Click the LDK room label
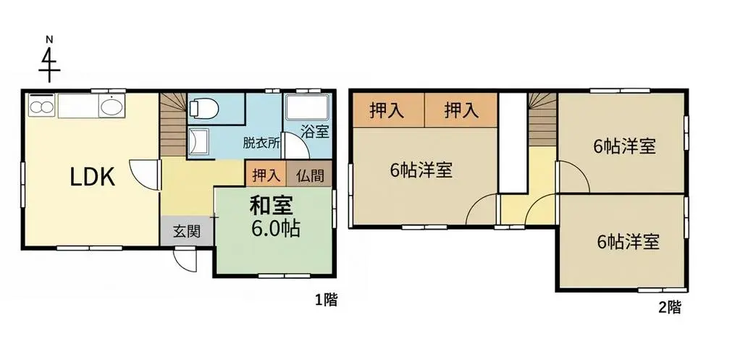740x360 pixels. pyautogui.click(x=93, y=177)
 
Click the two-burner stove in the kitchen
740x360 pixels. pyautogui.click(x=41, y=106)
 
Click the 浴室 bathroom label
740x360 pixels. pyautogui.click(x=315, y=132)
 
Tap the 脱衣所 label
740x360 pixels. pyautogui.click(x=261, y=143)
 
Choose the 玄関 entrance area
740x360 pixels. pyautogui.click(x=187, y=231)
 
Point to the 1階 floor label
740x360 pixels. pyautogui.click(x=326, y=300)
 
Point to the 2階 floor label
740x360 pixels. pyautogui.click(x=670, y=308)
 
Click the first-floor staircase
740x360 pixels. pyautogui.click(x=173, y=125)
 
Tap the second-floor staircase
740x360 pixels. pyautogui.click(x=542, y=120)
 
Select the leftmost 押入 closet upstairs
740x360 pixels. pyautogui.click(x=388, y=110)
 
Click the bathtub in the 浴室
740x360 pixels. pyautogui.click(x=307, y=107)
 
